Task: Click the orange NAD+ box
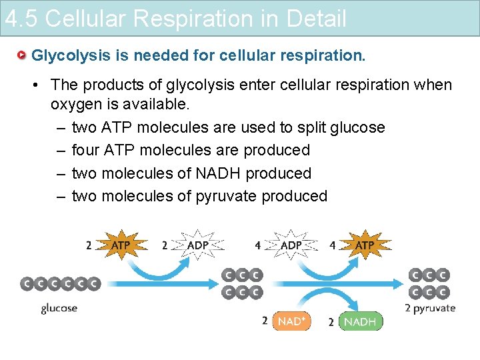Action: pyautogui.click(x=291, y=321)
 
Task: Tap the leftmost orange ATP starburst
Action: pyautogui.click(x=120, y=245)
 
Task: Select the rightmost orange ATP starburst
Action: pyautogui.click(x=364, y=245)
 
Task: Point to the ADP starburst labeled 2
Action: pyautogui.click(x=198, y=245)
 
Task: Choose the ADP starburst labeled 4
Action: pyautogui.click(x=291, y=245)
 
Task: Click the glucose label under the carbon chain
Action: pyautogui.click(x=59, y=308)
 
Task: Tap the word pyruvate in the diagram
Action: pyautogui.click(x=435, y=308)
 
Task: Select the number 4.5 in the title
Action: pyautogui.click(x=21, y=19)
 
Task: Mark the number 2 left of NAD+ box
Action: pyautogui.click(x=265, y=321)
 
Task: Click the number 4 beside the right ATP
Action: pyautogui.click(x=333, y=245)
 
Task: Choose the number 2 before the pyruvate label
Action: pyautogui.click(x=408, y=308)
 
